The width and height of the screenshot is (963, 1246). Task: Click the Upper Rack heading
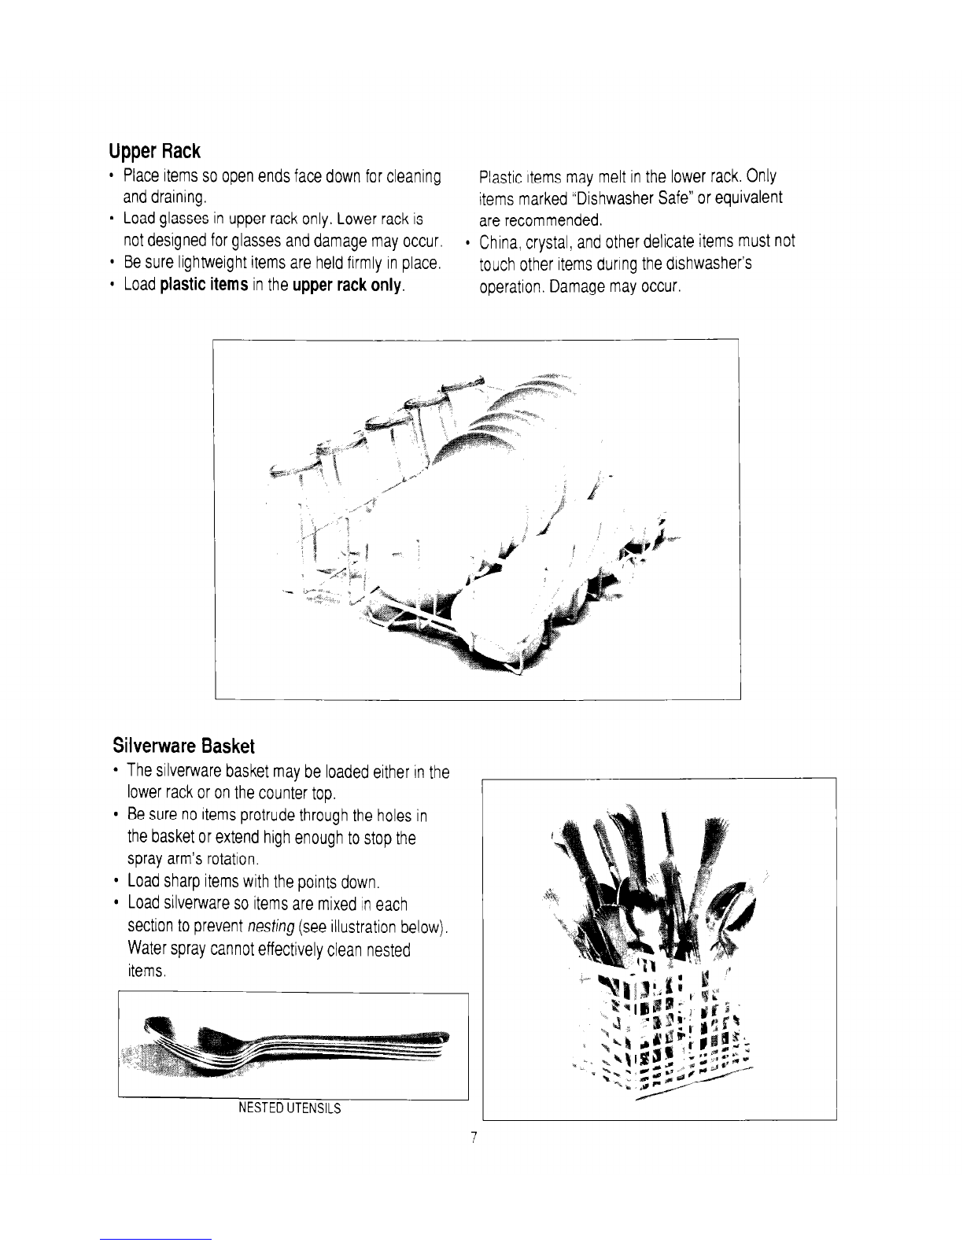point(154,151)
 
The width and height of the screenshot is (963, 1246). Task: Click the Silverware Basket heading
point(183,746)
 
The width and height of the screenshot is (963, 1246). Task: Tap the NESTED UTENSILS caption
point(290,1108)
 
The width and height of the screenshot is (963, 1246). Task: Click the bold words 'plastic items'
point(205,285)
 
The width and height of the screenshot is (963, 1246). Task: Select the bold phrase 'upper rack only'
point(347,285)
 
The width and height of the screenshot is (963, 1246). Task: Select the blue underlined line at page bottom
point(156,1240)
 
